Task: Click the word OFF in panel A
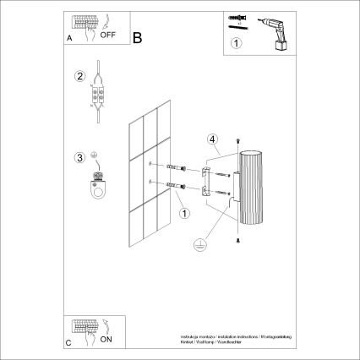[107, 36]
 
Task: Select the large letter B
[139, 36]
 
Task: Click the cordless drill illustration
[273, 31]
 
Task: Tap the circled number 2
[80, 77]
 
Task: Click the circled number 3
[80, 156]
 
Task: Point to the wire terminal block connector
[99, 95]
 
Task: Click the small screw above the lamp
[239, 139]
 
